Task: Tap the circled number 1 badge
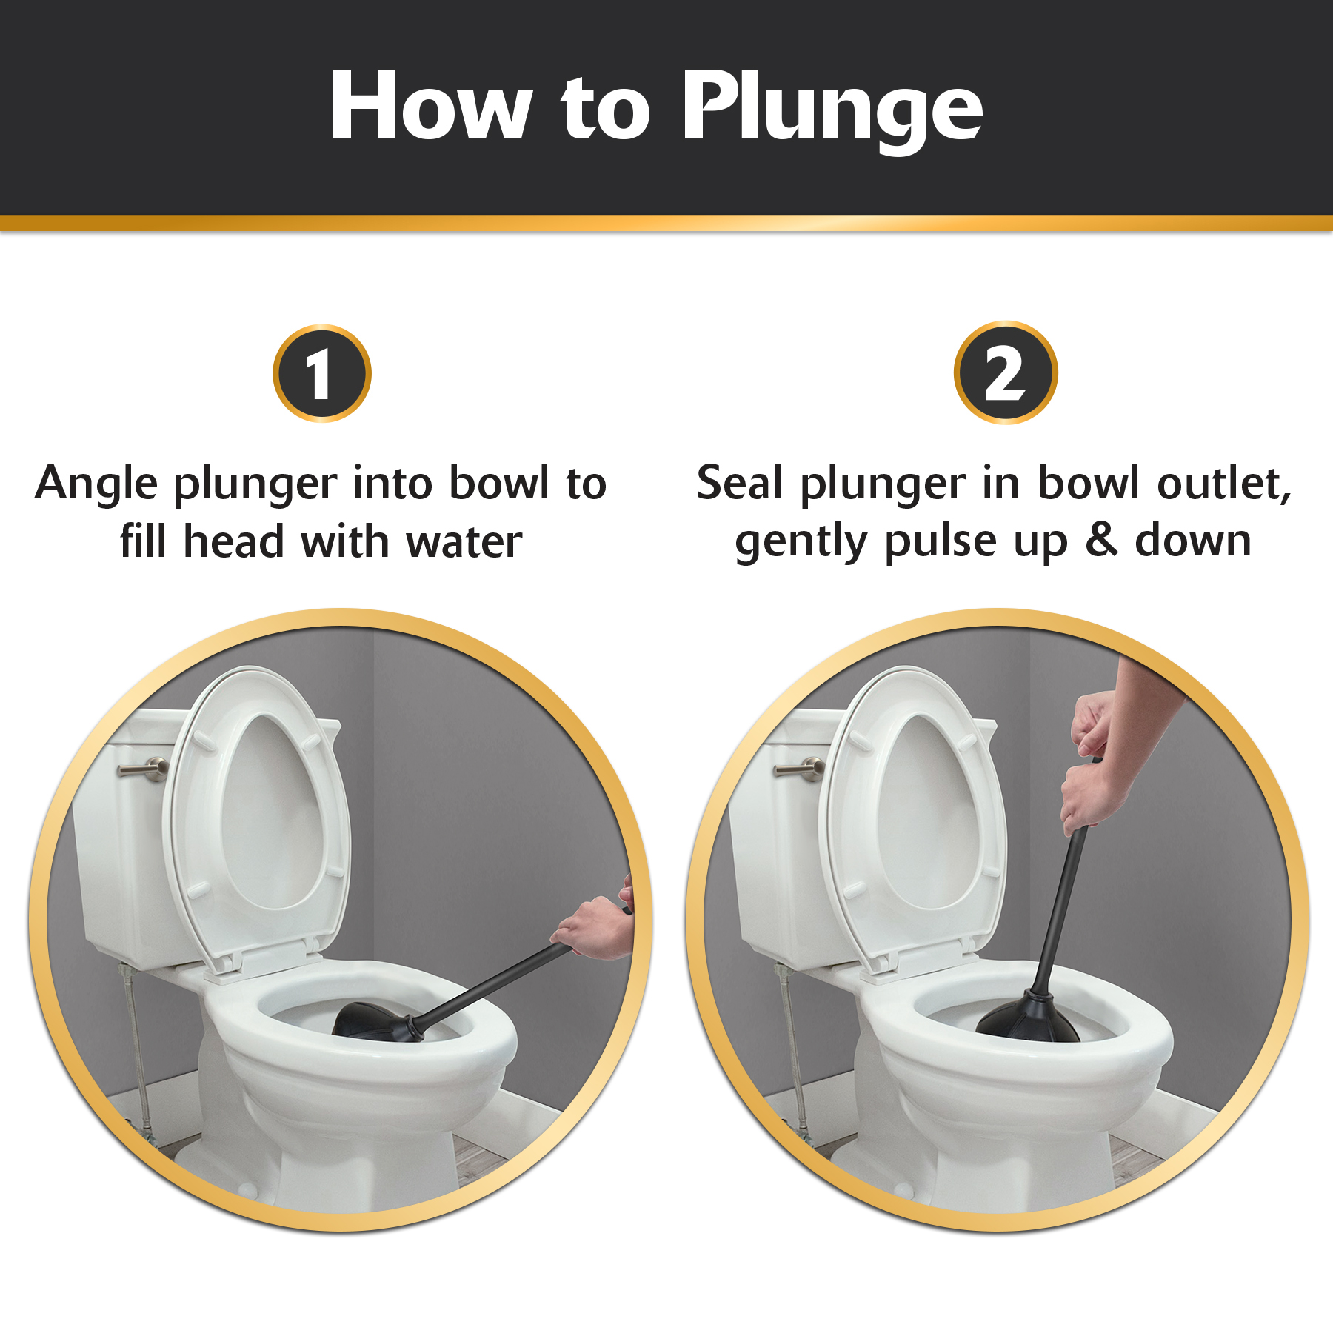tap(321, 374)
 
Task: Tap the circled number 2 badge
tap(1005, 373)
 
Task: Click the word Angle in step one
tap(96, 485)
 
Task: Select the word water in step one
tap(464, 542)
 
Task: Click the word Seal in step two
tap(739, 484)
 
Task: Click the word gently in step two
tap(801, 542)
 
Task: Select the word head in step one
tap(233, 542)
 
